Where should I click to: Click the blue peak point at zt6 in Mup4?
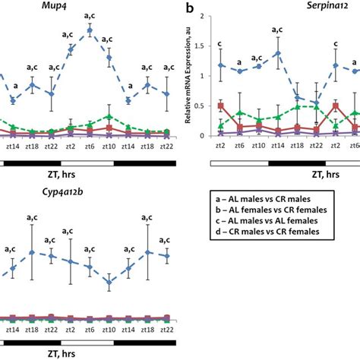click(90, 30)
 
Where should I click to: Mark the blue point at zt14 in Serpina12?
click(279, 53)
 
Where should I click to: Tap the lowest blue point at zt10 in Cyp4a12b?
click(109, 282)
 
